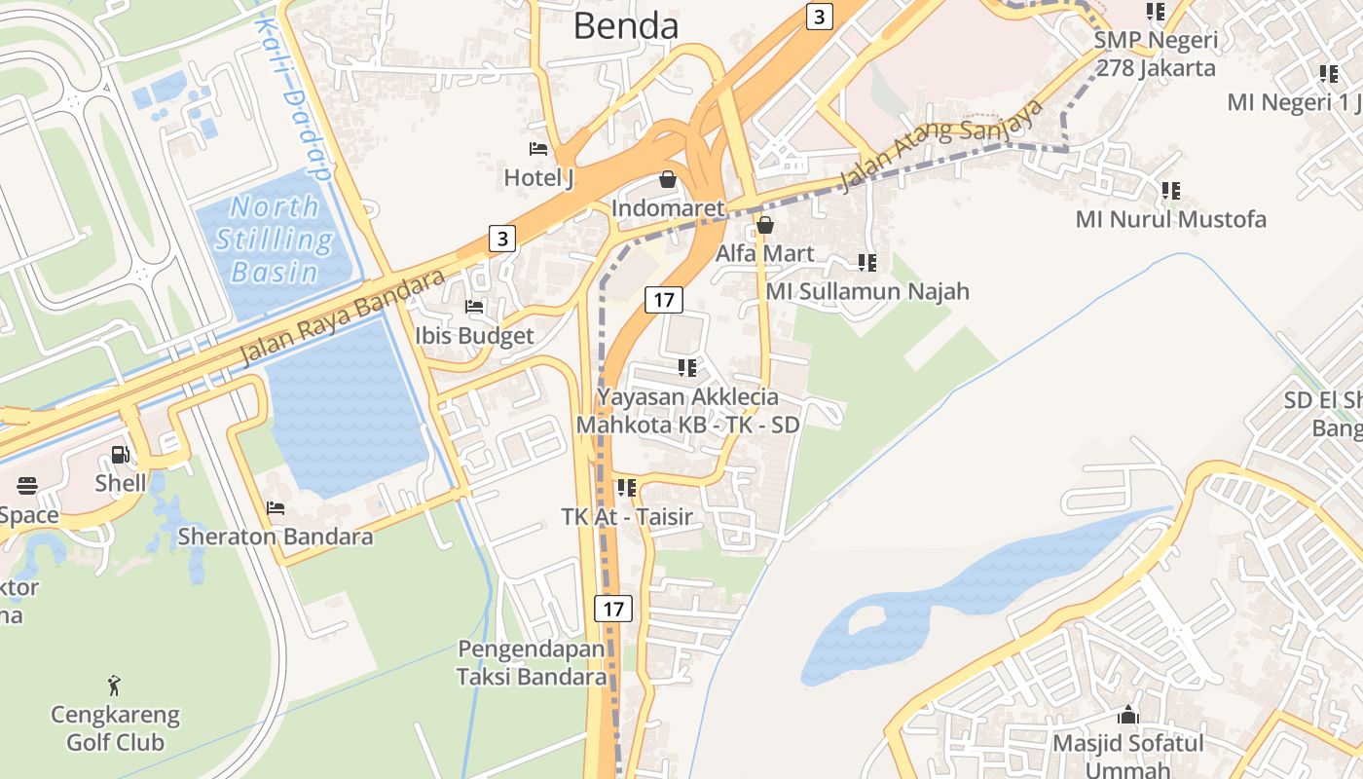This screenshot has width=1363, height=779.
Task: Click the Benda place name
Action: (x=625, y=26)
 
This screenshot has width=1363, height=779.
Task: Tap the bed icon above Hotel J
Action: (x=537, y=149)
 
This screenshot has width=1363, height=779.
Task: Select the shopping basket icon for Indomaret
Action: (x=668, y=179)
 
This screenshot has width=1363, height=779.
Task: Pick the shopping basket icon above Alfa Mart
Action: (x=765, y=225)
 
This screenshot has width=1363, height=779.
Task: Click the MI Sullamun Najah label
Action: (x=867, y=291)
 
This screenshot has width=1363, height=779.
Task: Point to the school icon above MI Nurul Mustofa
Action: (x=1170, y=190)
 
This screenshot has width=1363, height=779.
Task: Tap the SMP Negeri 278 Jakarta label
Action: (x=1156, y=55)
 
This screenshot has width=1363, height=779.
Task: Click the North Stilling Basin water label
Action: (x=274, y=240)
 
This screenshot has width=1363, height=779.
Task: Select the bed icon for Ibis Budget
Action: (x=474, y=306)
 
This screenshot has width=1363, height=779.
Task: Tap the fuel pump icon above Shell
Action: (x=121, y=454)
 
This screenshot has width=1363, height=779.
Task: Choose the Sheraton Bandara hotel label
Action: (x=275, y=537)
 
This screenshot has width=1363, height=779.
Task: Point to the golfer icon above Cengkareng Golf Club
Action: (x=115, y=686)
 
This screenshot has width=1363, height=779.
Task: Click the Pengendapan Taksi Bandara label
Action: (x=532, y=662)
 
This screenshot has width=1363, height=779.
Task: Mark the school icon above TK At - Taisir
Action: (x=626, y=487)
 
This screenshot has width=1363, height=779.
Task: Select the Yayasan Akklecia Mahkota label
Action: (x=687, y=411)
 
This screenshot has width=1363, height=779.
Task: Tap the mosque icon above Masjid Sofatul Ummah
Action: (x=1128, y=715)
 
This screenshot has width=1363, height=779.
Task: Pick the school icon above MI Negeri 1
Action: (x=1328, y=73)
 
